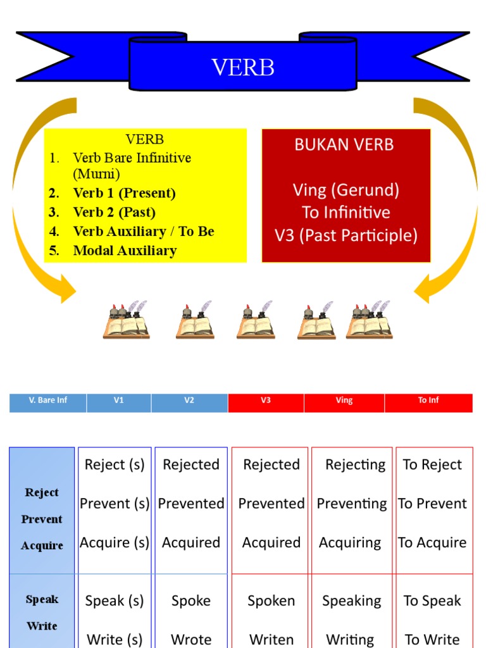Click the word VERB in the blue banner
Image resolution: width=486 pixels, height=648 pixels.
pos(243,66)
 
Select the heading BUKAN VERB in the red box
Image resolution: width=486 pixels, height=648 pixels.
pos(344,144)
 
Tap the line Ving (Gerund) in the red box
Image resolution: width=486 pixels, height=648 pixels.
pos(346,190)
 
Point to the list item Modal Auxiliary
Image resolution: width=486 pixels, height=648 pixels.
pos(125,251)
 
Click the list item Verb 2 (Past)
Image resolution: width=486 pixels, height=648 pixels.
pos(114,212)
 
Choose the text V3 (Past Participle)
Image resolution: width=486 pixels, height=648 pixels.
pos(346,235)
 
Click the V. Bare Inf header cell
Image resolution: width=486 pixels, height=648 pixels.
pos(48,401)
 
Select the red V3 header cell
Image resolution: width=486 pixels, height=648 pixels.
pos(266,401)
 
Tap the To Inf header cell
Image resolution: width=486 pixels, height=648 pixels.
pos(428,401)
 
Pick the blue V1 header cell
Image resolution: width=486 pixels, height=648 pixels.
pos(119,401)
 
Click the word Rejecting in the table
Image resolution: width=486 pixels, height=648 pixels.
pos(355,464)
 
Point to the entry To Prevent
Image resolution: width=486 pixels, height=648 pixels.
pos(433,504)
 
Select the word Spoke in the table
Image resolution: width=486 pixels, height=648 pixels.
pos(191,601)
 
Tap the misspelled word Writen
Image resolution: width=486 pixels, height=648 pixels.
pos(271,639)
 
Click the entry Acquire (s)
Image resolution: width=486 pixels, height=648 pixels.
pos(115,542)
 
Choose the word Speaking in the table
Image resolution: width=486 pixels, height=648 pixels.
pos(352,601)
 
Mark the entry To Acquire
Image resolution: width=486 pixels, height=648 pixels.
pos(433,542)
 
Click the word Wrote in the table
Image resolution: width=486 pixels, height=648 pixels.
pos(191,639)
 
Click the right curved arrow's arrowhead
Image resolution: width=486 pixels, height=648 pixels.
pos(425,291)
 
